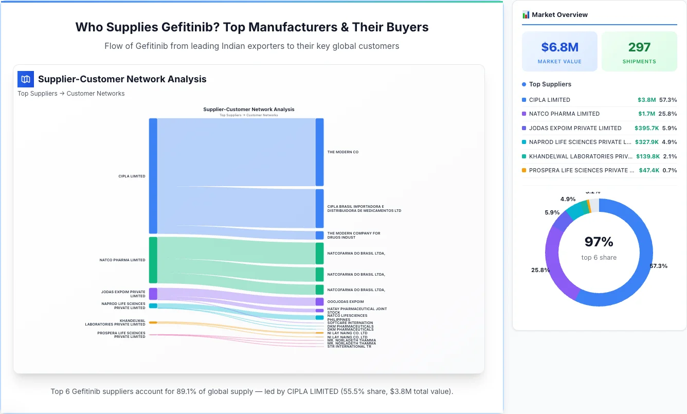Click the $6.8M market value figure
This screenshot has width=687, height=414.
[x=559, y=47]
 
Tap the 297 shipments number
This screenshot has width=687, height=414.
[x=639, y=47]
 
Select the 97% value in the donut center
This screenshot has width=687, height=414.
[x=599, y=242]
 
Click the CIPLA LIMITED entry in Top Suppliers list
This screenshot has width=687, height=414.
[x=549, y=100]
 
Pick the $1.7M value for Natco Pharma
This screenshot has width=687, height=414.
[x=646, y=114]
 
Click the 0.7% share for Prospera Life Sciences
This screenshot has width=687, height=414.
[x=670, y=170]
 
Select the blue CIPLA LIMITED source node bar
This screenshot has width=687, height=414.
[x=153, y=176]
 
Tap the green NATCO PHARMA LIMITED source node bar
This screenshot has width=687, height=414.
[x=153, y=260]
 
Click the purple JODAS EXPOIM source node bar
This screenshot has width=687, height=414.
[x=153, y=294]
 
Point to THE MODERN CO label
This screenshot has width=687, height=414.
[x=342, y=152]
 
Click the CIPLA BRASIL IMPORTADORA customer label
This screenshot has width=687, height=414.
[x=364, y=208]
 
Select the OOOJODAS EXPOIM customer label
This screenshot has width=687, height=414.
[x=345, y=302]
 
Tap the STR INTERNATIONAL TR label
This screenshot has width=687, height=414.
[x=349, y=347]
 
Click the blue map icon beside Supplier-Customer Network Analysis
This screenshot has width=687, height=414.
[x=26, y=79]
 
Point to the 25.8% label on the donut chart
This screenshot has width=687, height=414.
[x=540, y=270]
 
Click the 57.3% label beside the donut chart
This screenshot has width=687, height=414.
[x=658, y=266]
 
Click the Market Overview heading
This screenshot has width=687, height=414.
[x=559, y=15]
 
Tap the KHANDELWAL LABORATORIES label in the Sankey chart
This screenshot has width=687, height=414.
[x=115, y=322]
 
